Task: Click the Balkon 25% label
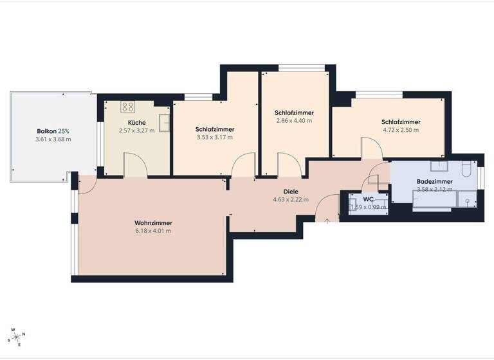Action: (53, 132)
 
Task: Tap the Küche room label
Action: (136, 123)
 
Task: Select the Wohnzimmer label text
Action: (153, 223)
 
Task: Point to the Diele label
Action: (291, 192)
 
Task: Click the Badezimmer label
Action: (435, 182)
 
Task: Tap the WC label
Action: (369, 199)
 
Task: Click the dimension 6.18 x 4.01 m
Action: (153, 231)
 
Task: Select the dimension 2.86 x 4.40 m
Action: (294, 120)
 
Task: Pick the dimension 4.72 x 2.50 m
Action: (401, 130)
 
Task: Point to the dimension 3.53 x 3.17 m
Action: (215, 137)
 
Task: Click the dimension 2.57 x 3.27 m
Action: (136, 130)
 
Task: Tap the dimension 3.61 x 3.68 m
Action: (53, 139)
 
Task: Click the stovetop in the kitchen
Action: (127, 107)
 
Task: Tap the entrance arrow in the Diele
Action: (327, 221)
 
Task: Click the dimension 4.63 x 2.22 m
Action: (291, 199)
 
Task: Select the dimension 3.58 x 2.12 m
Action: (435, 190)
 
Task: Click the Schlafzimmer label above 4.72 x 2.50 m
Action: (401, 122)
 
